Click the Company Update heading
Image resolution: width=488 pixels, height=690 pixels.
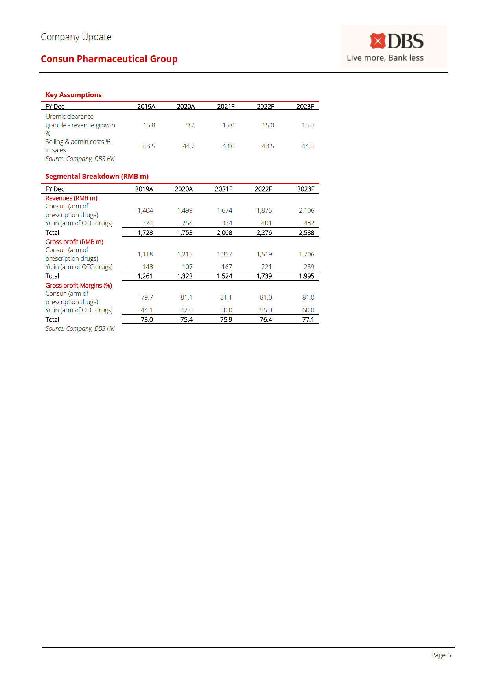[76, 37]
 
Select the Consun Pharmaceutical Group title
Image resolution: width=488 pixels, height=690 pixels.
[109, 59]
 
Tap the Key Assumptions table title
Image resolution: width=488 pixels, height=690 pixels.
[74, 95]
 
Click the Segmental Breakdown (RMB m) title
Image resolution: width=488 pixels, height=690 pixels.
[97, 176]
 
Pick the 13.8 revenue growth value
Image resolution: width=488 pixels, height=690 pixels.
[149, 125]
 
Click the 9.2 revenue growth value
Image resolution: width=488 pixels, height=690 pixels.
[190, 125]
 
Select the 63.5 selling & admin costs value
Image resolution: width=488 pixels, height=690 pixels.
[149, 146]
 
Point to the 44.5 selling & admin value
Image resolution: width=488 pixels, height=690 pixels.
[308, 146]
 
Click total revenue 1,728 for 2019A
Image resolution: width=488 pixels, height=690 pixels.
[145, 232]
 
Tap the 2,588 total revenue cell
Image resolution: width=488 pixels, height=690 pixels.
[306, 232]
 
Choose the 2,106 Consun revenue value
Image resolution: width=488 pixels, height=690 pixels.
[306, 210]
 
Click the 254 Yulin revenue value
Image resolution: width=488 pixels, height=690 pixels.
[187, 223]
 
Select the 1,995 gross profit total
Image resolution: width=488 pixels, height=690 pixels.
[306, 276]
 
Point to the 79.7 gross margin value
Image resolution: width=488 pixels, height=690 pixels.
[147, 297]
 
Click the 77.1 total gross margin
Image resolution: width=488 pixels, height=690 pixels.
[308, 319]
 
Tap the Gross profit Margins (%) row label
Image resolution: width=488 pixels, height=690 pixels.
[79, 285]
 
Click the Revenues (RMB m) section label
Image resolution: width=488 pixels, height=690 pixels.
[71, 198]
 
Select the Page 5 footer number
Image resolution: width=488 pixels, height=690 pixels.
[441, 655]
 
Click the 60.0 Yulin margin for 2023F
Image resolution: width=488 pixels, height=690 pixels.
[308, 310]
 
